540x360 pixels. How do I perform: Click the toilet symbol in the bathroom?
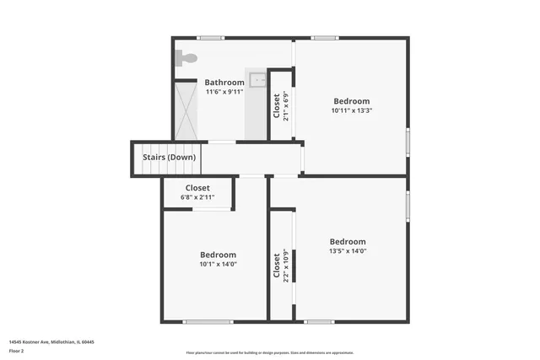click(x=186, y=58)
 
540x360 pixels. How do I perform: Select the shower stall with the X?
click(x=185, y=110)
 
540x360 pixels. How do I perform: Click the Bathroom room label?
click(x=224, y=83)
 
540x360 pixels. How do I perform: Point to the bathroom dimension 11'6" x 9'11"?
click(x=224, y=92)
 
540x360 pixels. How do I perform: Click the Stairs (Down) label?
click(x=169, y=158)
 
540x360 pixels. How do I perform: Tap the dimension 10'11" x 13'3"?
click(x=351, y=110)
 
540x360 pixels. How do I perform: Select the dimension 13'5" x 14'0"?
click(x=348, y=250)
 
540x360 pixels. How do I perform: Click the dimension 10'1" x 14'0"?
click(x=218, y=264)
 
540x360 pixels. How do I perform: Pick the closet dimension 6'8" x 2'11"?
click(x=197, y=197)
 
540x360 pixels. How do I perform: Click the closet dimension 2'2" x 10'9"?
click(x=286, y=265)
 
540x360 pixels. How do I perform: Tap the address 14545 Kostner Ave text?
click(x=51, y=341)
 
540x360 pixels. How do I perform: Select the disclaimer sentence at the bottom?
click(x=270, y=352)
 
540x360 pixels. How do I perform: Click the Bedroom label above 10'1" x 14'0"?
click(x=218, y=255)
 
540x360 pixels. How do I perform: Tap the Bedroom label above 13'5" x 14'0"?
click(x=348, y=241)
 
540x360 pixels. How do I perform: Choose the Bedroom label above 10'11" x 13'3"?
click(x=351, y=101)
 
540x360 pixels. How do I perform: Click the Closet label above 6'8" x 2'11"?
click(x=197, y=188)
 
